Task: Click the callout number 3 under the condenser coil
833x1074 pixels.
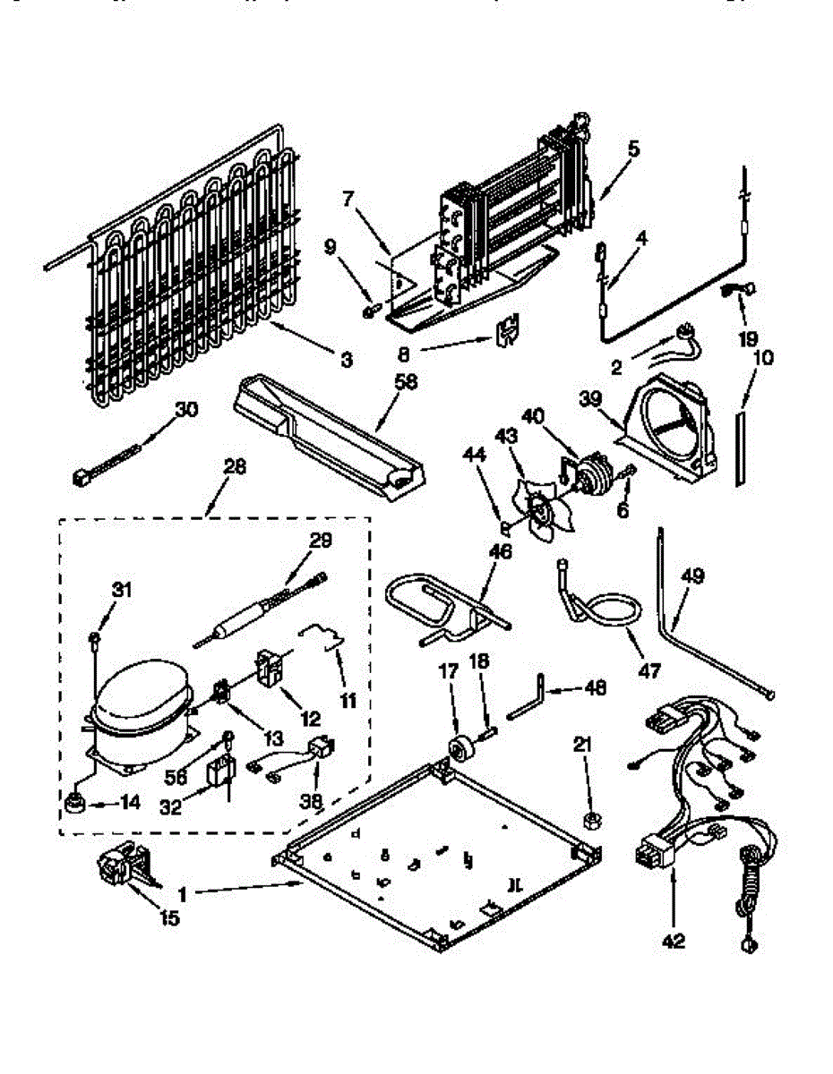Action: coord(346,360)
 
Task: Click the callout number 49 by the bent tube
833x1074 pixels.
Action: coord(691,578)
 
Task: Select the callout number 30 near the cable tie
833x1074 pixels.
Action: coord(186,410)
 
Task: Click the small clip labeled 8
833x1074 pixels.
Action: coord(507,331)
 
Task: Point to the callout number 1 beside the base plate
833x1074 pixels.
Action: coord(182,892)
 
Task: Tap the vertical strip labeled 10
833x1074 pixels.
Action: coord(740,447)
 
